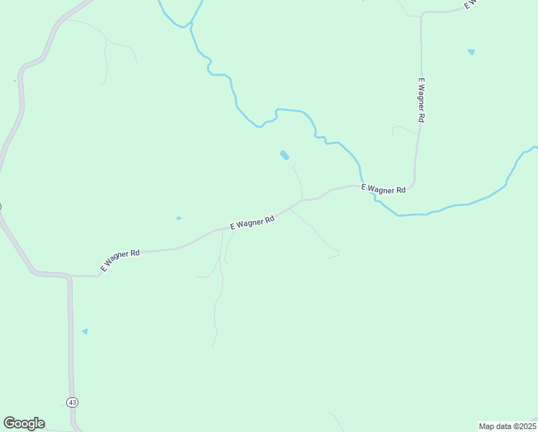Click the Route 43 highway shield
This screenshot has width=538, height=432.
73,402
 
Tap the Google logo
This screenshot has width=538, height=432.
24,423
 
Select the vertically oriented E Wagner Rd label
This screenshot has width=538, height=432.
422,99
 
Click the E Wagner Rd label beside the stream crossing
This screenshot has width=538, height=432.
384,189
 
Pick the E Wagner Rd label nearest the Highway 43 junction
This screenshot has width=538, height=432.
120,261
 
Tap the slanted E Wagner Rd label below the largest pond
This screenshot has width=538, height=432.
252,222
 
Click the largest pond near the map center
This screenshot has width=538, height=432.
285,155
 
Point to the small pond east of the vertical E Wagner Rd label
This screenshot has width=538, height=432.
471,52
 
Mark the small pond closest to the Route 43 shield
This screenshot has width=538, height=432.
85,331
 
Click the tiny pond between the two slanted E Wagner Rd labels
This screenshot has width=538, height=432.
178,218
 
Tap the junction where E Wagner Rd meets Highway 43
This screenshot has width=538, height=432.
70,276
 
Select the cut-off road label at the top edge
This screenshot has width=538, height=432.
472,4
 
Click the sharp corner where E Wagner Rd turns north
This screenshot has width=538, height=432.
412,185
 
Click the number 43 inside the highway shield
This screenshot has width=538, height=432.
73,402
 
